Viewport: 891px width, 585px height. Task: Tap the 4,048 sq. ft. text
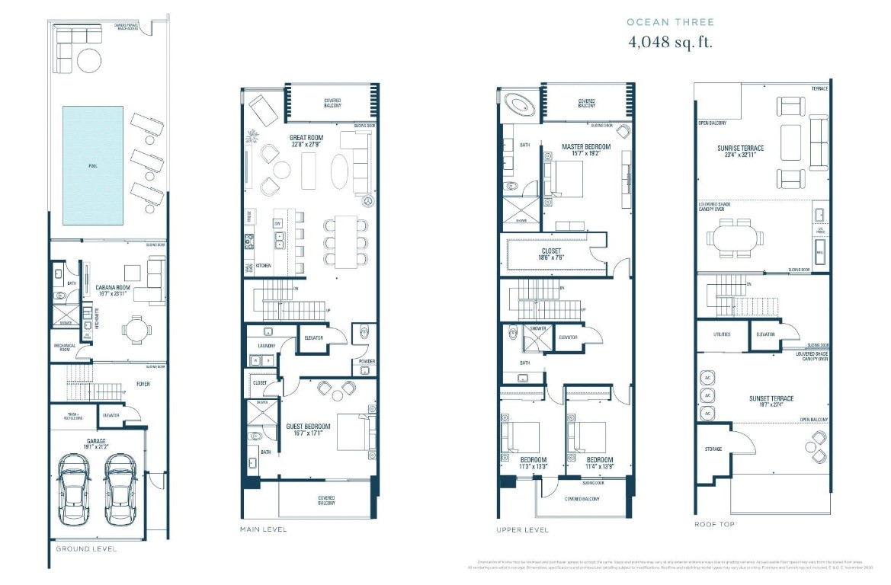(x=670, y=42)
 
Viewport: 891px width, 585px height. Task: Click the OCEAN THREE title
(x=670, y=22)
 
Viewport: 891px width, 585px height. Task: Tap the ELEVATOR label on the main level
(x=313, y=337)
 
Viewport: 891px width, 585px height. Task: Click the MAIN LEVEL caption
(x=263, y=529)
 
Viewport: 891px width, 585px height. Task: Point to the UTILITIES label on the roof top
(x=721, y=334)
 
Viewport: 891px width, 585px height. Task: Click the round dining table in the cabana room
(x=135, y=329)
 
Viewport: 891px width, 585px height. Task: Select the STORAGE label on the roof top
(x=713, y=449)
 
